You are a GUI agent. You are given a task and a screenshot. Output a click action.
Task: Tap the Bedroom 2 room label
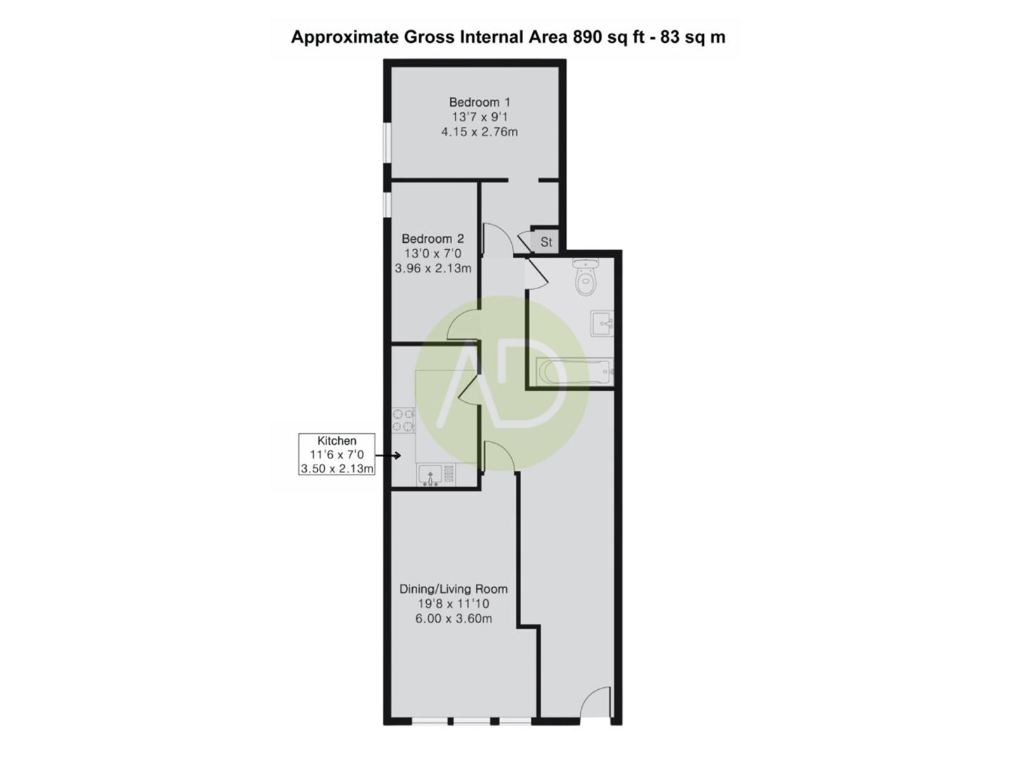(432, 239)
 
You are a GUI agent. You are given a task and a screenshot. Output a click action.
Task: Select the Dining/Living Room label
(453, 589)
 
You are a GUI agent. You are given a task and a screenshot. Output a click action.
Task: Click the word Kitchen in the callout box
(337, 441)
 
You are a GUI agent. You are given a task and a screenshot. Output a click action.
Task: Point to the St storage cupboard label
(546, 242)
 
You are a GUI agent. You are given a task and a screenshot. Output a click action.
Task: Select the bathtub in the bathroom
(574, 372)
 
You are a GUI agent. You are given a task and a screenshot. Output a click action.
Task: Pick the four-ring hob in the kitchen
(403, 420)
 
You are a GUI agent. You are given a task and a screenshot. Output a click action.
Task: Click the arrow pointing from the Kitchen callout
(388, 455)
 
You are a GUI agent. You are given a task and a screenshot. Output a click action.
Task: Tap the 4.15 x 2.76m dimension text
(480, 131)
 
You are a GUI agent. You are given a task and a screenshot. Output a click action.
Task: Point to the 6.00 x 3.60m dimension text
(453, 618)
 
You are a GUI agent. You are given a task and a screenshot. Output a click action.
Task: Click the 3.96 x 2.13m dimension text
(432, 268)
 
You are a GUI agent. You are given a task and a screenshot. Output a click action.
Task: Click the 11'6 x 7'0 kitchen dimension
(337, 455)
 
